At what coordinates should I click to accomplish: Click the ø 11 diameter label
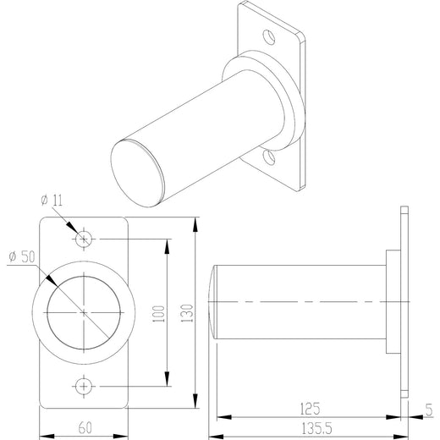tap(52, 201)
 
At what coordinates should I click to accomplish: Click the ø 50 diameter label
tap(22, 256)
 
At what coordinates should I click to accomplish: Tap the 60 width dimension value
tap(85, 428)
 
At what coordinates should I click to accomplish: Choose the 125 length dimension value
tap(310, 409)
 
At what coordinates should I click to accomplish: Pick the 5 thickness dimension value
tap(429, 410)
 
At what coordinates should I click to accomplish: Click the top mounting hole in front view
tap(84, 239)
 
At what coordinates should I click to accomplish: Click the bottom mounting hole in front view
tap(84, 386)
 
